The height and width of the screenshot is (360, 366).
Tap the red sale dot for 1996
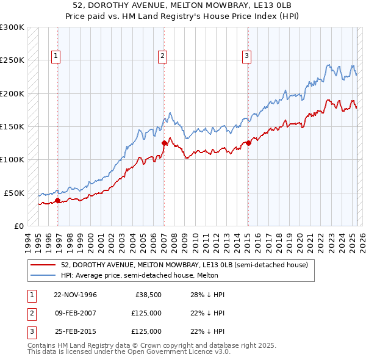tap(58, 200)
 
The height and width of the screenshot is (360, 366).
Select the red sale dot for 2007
tap(164, 143)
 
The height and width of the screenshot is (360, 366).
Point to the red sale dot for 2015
tap(248, 143)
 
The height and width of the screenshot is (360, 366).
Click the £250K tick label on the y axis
tap(12, 60)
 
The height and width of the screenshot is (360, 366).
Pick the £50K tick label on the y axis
tap(14, 193)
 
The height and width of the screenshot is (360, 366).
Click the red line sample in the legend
tap(43, 265)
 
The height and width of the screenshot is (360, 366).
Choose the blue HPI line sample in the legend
tap(43, 275)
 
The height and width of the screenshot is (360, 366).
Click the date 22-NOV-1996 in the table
tap(75, 295)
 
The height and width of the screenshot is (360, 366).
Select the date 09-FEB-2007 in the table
tap(75, 313)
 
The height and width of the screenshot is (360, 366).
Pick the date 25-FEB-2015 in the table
tap(75, 331)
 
